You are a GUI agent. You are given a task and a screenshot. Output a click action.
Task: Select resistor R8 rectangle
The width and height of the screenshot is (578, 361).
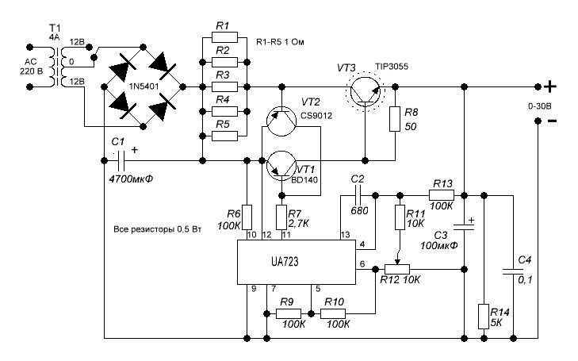395,117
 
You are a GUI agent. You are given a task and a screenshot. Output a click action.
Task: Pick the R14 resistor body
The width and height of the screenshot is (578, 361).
483,315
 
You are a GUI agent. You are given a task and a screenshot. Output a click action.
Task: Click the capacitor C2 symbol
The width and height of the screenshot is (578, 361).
359,194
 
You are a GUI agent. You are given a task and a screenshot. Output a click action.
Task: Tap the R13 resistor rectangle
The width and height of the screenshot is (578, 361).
442,194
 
